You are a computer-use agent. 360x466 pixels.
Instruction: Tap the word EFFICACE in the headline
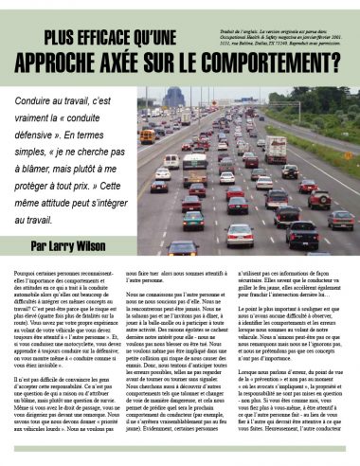[x=135, y=38]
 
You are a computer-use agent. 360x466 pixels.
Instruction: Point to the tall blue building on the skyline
[x=174, y=97]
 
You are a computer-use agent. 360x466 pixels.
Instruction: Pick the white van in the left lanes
[x=171, y=161]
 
